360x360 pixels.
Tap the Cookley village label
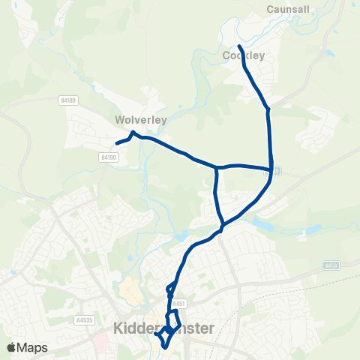(x=244, y=55)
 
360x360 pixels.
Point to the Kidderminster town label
(x=163, y=328)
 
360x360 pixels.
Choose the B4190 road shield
(x=109, y=157)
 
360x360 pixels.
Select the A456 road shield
(x=332, y=265)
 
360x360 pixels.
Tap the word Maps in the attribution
(x=33, y=347)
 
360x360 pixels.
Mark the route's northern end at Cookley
(x=239, y=46)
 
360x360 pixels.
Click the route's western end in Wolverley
(x=117, y=142)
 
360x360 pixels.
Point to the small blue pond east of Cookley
(x=328, y=54)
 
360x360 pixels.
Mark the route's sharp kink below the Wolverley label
(x=133, y=133)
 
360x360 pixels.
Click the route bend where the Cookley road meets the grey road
(x=268, y=109)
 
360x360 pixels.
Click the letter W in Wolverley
(x=120, y=119)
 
